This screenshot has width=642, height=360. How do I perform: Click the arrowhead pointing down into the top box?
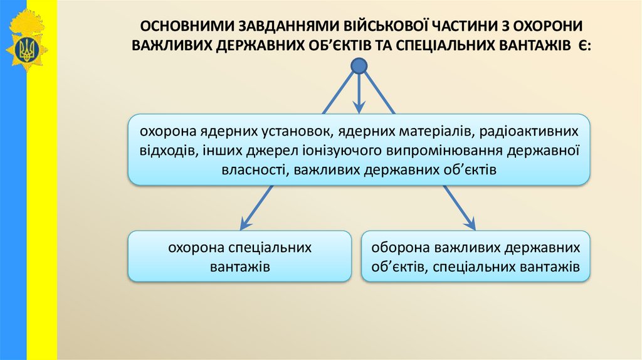pyautogui.click(x=359, y=109)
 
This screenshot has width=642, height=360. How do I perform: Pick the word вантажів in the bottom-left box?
pyautogui.click(x=239, y=267)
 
